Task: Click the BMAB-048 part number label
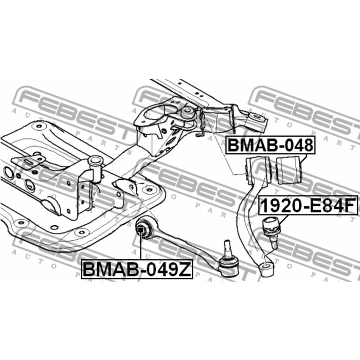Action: pyautogui.click(x=269, y=146)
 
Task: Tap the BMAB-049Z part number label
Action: pyautogui.click(x=136, y=269)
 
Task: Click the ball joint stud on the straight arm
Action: pyautogui.click(x=227, y=247)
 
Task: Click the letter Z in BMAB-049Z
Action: pyautogui.click(x=185, y=269)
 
